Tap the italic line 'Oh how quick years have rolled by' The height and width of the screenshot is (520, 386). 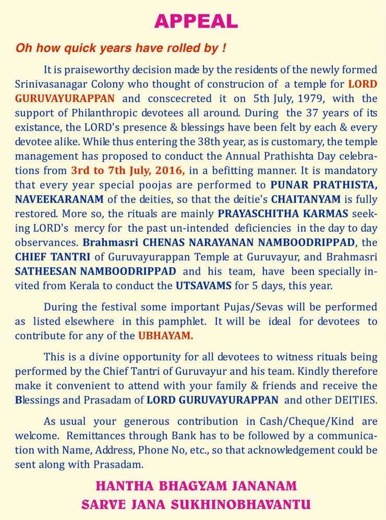coord(121,48)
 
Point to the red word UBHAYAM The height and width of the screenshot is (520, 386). coord(165,336)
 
